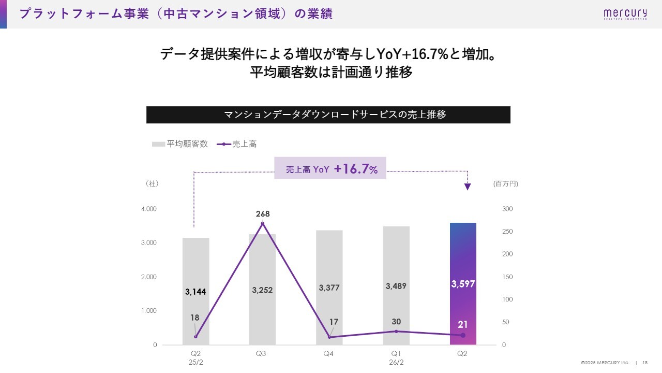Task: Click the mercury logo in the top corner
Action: [624, 15]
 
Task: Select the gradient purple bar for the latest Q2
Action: [463, 259]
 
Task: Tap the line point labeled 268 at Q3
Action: [262, 223]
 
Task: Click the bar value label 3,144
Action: [195, 292]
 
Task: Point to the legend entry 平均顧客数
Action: [180, 144]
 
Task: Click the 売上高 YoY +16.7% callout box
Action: [330, 168]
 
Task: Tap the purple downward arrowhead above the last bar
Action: [468, 187]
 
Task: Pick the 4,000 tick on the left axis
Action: [149, 209]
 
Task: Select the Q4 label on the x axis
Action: [328, 354]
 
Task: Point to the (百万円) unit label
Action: [505, 183]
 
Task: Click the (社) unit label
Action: [152, 183]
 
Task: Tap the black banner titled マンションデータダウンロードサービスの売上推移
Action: [328, 114]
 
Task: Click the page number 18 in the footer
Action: [645, 363]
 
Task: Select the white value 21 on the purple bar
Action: [463, 325]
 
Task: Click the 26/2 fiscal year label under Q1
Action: [396, 362]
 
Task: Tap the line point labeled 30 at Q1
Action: [396, 331]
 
